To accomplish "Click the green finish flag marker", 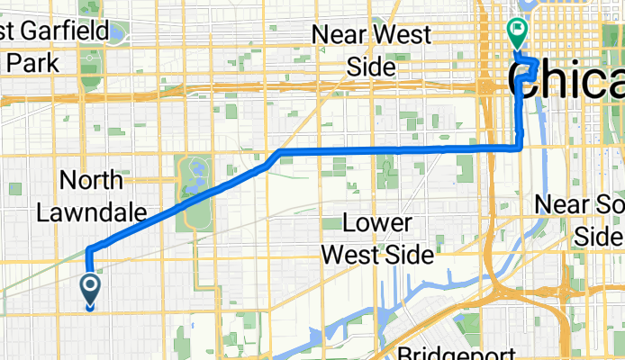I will [518, 33].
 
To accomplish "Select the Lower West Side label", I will [377, 239].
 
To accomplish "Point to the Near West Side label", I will [370, 50].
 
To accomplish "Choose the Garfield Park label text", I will [32, 48].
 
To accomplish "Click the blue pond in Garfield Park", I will [114, 34].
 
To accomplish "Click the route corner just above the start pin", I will [90, 249].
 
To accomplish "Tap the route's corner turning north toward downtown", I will [521, 146].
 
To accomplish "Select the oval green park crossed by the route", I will [195, 189].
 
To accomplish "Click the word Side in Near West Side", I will [371, 67].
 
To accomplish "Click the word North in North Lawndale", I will [91, 180].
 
